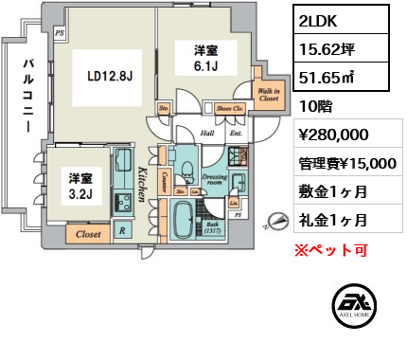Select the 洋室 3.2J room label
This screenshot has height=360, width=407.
(79, 185)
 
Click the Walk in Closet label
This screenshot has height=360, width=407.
(267, 93)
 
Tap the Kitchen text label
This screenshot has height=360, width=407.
(141, 189)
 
